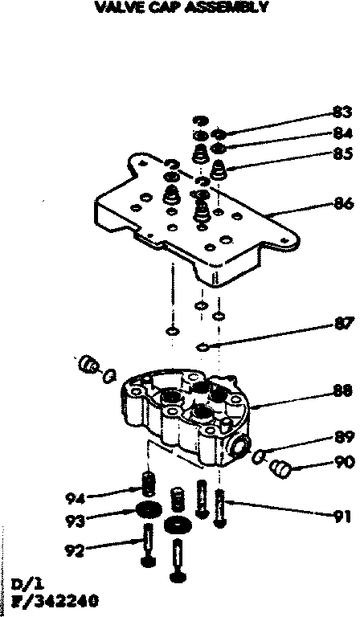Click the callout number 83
(x=343, y=112)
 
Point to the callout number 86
(x=343, y=205)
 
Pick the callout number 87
(x=343, y=324)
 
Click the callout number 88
(x=343, y=392)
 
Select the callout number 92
(x=73, y=551)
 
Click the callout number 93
(x=73, y=520)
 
